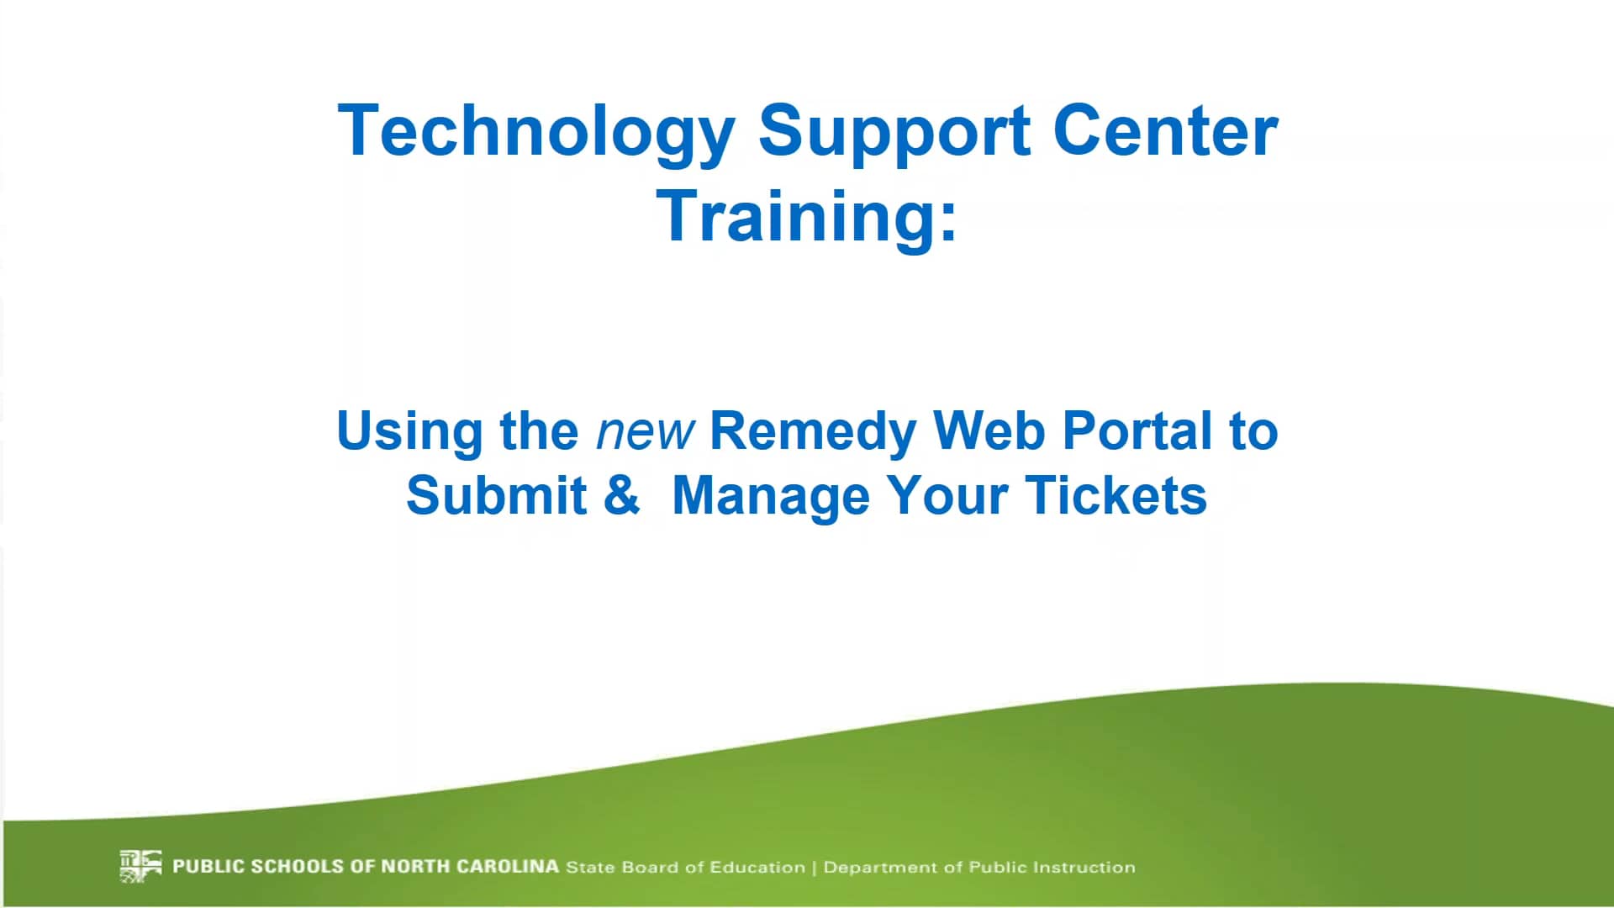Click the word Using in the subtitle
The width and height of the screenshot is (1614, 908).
click(409, 432)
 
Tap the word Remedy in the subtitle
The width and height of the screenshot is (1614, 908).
click(812, 432)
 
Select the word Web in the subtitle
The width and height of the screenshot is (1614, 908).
click(989, 430)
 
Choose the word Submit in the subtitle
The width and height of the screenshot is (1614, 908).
click(496, 495)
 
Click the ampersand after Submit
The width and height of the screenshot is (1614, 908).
click(621, 495)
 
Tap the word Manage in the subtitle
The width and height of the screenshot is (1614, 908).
click(771, 497)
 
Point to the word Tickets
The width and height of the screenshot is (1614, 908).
click(1116, 495)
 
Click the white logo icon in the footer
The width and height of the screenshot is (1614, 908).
click(140, 866)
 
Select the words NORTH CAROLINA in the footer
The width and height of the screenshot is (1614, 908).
click(470, 866)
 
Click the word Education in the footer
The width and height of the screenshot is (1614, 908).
click(757, 867)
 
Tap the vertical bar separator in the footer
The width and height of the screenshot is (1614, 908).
click(814, 867)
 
